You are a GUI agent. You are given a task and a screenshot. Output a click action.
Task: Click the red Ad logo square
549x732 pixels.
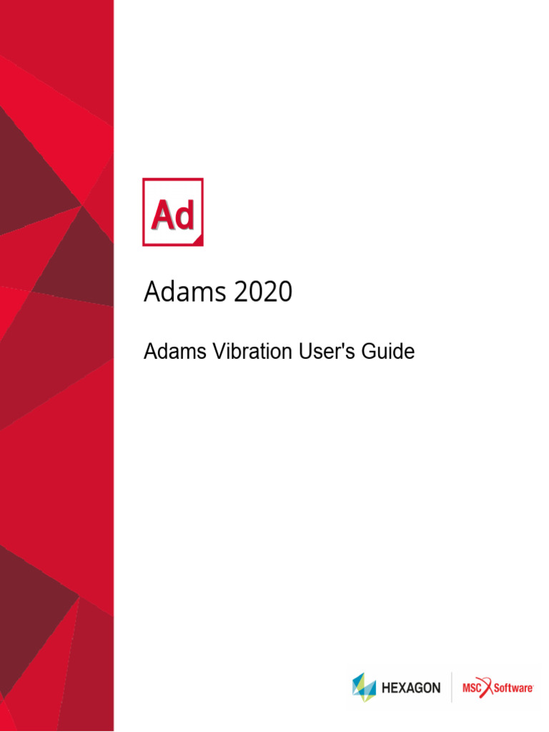[173, 212]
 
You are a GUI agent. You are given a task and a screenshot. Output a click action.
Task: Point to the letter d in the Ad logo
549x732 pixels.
[184, 215]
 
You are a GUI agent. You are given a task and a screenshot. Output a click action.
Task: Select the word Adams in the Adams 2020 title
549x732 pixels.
[182, 292]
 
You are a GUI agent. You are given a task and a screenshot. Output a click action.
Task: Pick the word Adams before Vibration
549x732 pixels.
[171, 352]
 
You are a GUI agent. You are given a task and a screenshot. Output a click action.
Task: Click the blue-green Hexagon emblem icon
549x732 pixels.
[364, 687]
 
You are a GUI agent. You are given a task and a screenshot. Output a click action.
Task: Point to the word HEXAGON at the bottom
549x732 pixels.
[411, 688]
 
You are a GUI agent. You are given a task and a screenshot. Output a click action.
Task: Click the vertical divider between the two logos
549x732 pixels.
[452, 688]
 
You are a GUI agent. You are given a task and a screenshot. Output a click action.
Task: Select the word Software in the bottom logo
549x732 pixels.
[513, 688]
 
